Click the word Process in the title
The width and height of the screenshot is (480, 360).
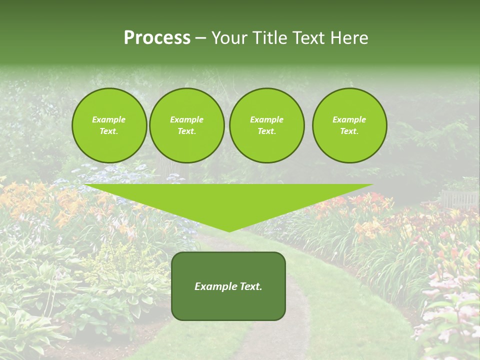157,38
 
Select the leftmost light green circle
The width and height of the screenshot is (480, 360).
109,125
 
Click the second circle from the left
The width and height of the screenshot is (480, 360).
186,125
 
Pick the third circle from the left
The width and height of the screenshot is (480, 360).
266,125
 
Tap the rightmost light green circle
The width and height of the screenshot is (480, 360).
349,125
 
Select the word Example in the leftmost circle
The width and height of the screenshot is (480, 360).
109,119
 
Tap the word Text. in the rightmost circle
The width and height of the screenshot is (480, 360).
349,131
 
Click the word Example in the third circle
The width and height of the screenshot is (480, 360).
266,119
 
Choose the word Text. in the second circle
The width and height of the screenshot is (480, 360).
186,131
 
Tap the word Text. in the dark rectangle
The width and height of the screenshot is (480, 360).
250,286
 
